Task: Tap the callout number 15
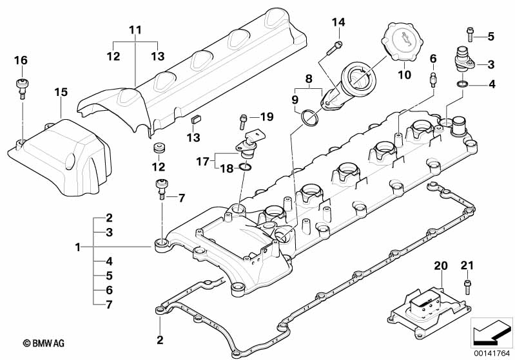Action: coord(61,93)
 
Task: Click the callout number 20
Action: coord(440,266)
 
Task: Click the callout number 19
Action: coord(267,117)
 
